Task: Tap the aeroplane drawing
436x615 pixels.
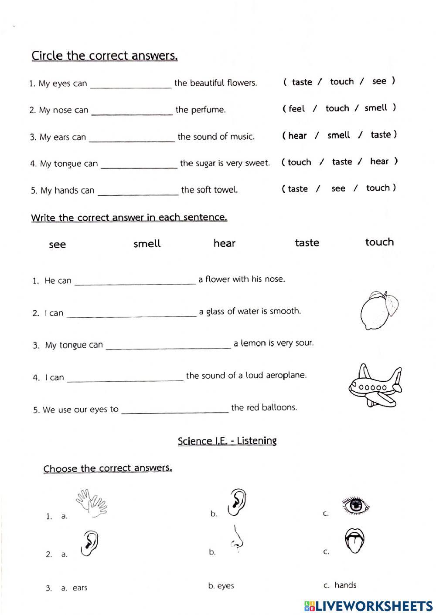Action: click(375, 385)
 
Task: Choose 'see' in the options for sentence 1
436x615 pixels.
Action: click(379, 81)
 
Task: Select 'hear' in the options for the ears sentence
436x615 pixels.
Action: click(297, 135)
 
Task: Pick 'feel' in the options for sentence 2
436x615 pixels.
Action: click(296, 108)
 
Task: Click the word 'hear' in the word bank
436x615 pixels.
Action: click(224, 243)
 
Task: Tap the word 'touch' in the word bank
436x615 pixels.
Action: click(379, 242)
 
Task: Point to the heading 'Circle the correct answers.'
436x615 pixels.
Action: click(105, 56)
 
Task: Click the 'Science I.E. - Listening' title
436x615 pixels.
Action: click(227, 440)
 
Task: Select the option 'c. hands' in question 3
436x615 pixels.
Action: click(340, 585)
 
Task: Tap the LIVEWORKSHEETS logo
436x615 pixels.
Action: click(368, 606)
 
